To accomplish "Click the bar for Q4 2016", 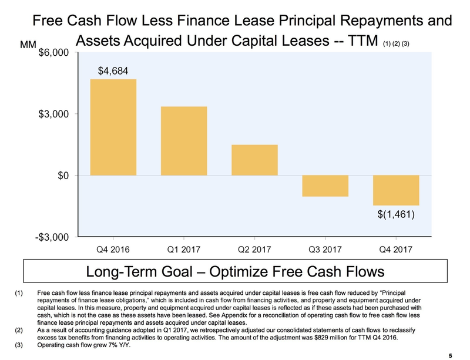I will pyautogui.click(x=113, y=127).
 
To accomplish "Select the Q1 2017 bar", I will pyautogui.click(x=184, y=141).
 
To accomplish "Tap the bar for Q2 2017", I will pyautogui.click(x=254, y=160).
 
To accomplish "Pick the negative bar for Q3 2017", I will pyautogui.click(x=325, y=186).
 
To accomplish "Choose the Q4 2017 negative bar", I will pyautogui.click(x=395, y=190).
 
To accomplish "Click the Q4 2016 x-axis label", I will pyautogui.click(x=113, y=249).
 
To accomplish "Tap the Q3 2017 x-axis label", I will pyautogui.click(x=325, y=249).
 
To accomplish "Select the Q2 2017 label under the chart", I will pyautogui.click(x=254, y=249).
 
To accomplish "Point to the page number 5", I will pyautogui.click(x=450, y=354).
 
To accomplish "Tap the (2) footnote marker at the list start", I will pyautogui.click(x=18, y=331).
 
